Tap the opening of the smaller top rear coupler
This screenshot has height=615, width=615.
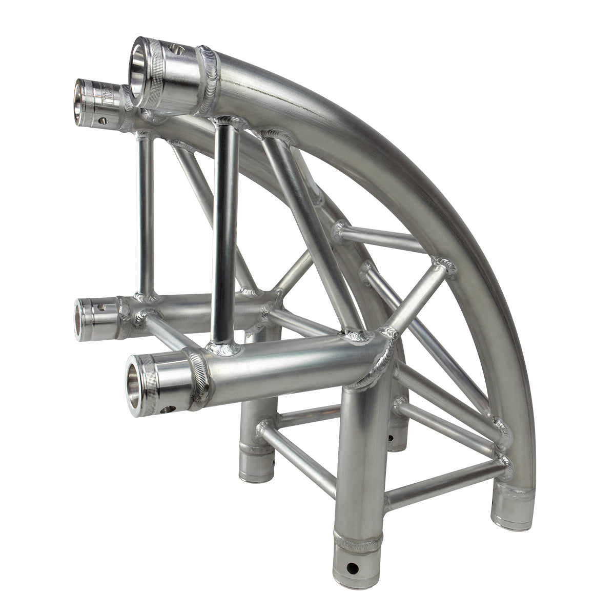coord(83,101)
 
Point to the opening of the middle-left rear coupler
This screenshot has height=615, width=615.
coord(82,320)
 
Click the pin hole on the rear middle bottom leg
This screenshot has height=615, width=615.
coord(391,438)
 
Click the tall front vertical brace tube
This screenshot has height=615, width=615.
coord(225,231)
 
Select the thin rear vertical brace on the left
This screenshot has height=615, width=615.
coord(146,215)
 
